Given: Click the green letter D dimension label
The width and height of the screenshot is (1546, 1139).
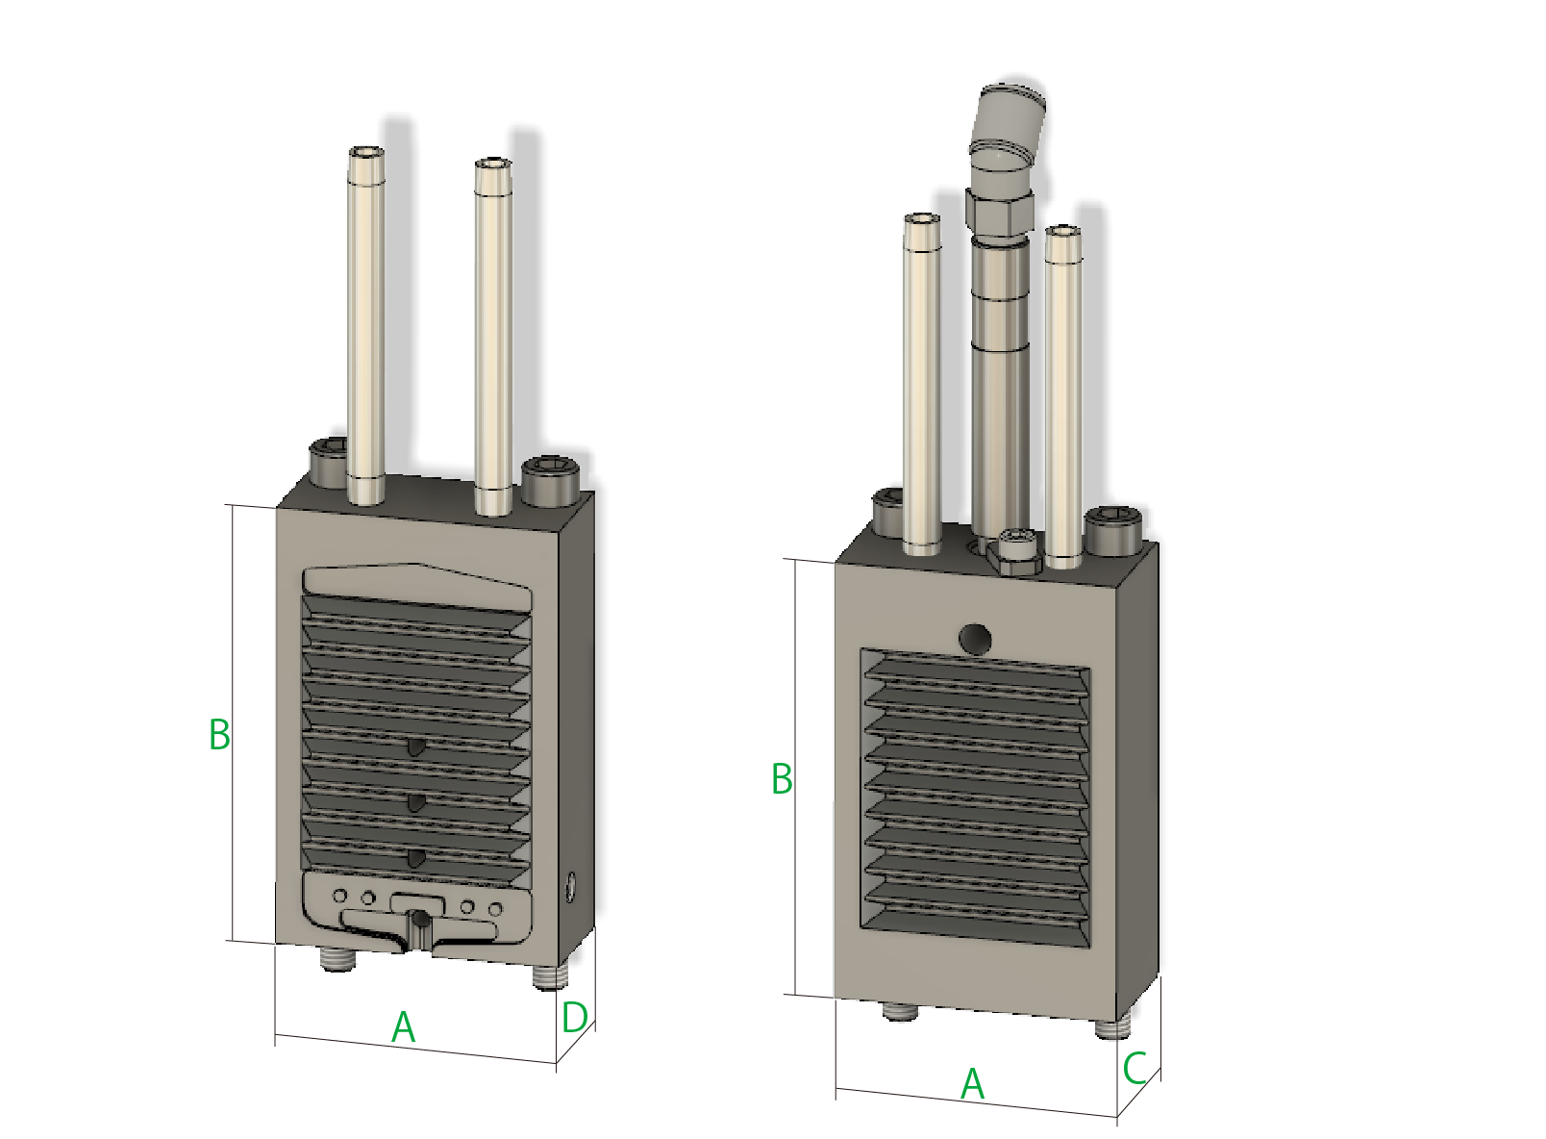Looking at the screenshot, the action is tap(574, 1017).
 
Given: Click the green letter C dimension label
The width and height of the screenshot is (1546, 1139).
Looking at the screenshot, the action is tap(1134, 1069).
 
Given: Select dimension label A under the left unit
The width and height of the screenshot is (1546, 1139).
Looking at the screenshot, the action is tap(403, 1027).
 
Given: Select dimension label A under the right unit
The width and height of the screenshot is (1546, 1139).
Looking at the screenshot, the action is tap(972, 1084).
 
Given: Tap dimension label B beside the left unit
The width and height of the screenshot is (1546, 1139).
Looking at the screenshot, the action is tap(219, 734).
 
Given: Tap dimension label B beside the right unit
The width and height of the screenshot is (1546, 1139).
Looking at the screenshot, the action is tap(782, 779).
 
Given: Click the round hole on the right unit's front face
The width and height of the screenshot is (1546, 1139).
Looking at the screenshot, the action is tap(975, 639).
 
